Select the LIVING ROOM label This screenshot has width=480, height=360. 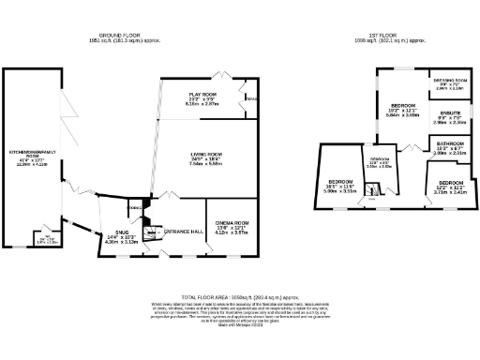point(206,154)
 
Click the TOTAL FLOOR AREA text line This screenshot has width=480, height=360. point(240,293)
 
